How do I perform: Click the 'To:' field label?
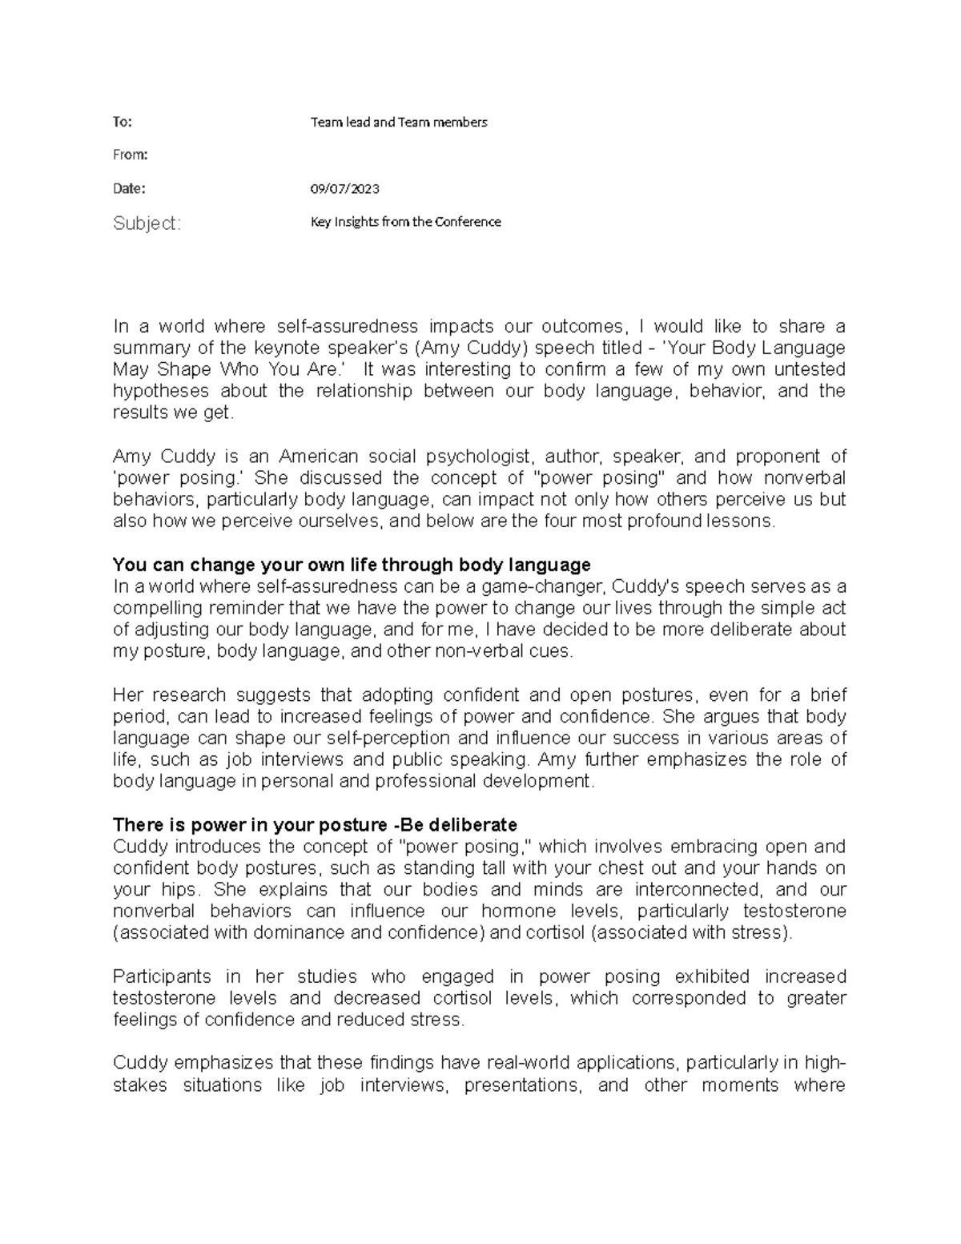pyautogui.click(x=122, y=122)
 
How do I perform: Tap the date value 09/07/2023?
pyautogui.click(x=344, y=189)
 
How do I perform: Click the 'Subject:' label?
pyautogui.click(x=147, y=223)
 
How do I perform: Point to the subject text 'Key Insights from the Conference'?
pyautogui.click(x=405, y=222)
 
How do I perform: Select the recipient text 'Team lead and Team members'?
pyautogui.click(x=398, y=122)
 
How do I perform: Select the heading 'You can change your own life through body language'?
pyautogui.click(x=352, y=565)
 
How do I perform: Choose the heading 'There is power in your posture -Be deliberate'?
pyautogui.click(x=315, y=825)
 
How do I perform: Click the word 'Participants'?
pyautogui.click(x=162, y=976)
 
